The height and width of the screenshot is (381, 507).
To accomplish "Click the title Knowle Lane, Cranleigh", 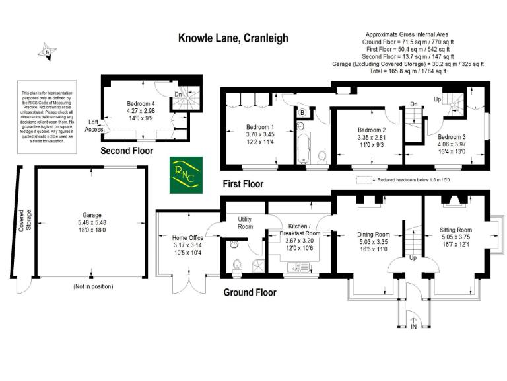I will click(x=233, y=38).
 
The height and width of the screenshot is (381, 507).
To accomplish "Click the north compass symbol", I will click(x=46, y=51).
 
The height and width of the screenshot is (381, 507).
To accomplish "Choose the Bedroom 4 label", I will click(x=141, y=104).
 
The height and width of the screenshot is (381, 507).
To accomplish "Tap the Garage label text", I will click(x=91, y=215).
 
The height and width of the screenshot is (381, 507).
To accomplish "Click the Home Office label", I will click(x=187, y=238).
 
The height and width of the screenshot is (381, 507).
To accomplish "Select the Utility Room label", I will click(x=245, y=223).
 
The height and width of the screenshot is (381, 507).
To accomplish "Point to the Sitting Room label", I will click(x=456, y=231).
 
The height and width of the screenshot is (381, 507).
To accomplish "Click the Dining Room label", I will click(x=373, y=235).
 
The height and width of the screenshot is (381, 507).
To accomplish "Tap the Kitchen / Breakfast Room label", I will click(x=299, y=230).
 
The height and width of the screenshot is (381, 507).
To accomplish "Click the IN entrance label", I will click(x=414, y=327).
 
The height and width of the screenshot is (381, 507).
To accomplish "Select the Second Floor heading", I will click(x=127, y=151).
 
